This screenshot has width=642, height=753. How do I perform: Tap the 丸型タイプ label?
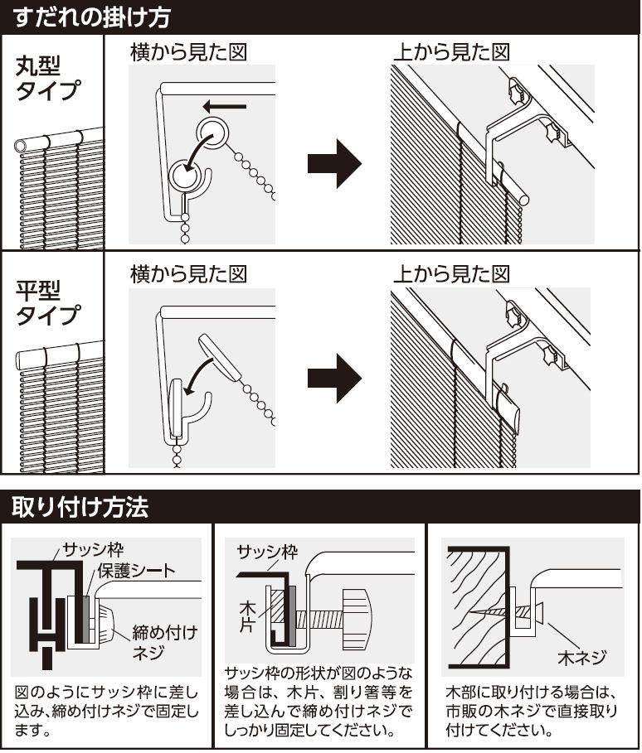[49, 79]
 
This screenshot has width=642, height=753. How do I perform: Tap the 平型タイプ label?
[49, 303]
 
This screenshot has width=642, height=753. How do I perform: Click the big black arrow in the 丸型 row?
[333, 163]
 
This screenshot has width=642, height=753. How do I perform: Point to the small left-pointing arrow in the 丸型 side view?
[226, 105]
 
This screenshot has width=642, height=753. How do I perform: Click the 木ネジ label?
[580, 659]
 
